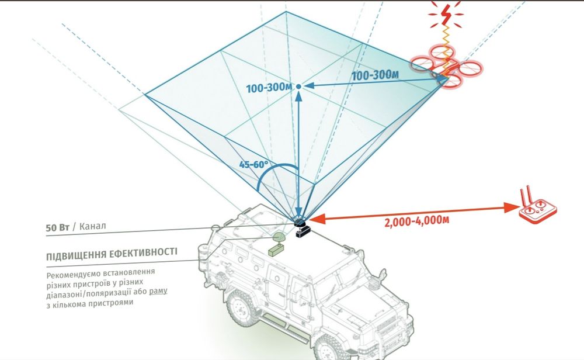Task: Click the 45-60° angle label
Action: pyautogui.click(x=253, y=164)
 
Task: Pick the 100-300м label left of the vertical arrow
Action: pyautogui.click(x=269, y=89)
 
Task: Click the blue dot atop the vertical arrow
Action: pyautogui.click(x=298, y=86)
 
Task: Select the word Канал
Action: pyautogui.click(x=93, y=227)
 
